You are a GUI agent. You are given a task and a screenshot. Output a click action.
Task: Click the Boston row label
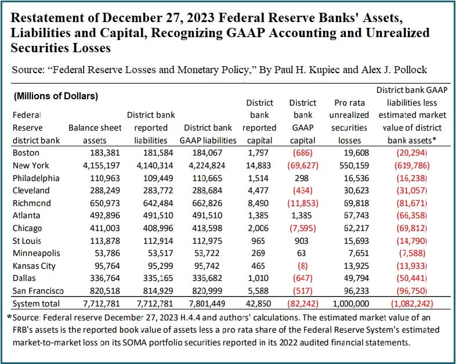click(x=26, y=153)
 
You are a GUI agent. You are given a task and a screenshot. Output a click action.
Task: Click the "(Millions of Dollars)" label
click(x=55, y=95)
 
